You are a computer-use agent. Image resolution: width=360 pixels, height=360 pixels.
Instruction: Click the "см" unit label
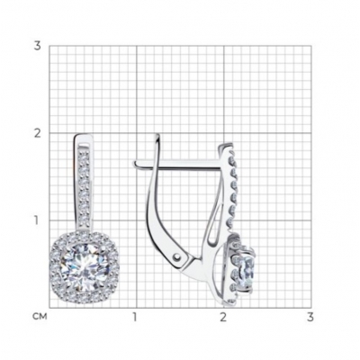40,317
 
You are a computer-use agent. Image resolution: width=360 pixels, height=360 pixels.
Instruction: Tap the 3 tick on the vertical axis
37,46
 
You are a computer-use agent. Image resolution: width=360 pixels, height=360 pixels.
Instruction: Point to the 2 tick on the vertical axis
37,133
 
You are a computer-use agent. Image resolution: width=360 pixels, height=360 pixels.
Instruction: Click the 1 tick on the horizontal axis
135,317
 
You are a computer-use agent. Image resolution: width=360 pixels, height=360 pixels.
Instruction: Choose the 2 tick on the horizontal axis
223,317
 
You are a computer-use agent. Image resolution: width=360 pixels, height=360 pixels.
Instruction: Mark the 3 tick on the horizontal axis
310,317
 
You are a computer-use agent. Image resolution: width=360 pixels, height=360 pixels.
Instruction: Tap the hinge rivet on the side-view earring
178,257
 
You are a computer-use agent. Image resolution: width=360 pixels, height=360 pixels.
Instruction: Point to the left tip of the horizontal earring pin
135,163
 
